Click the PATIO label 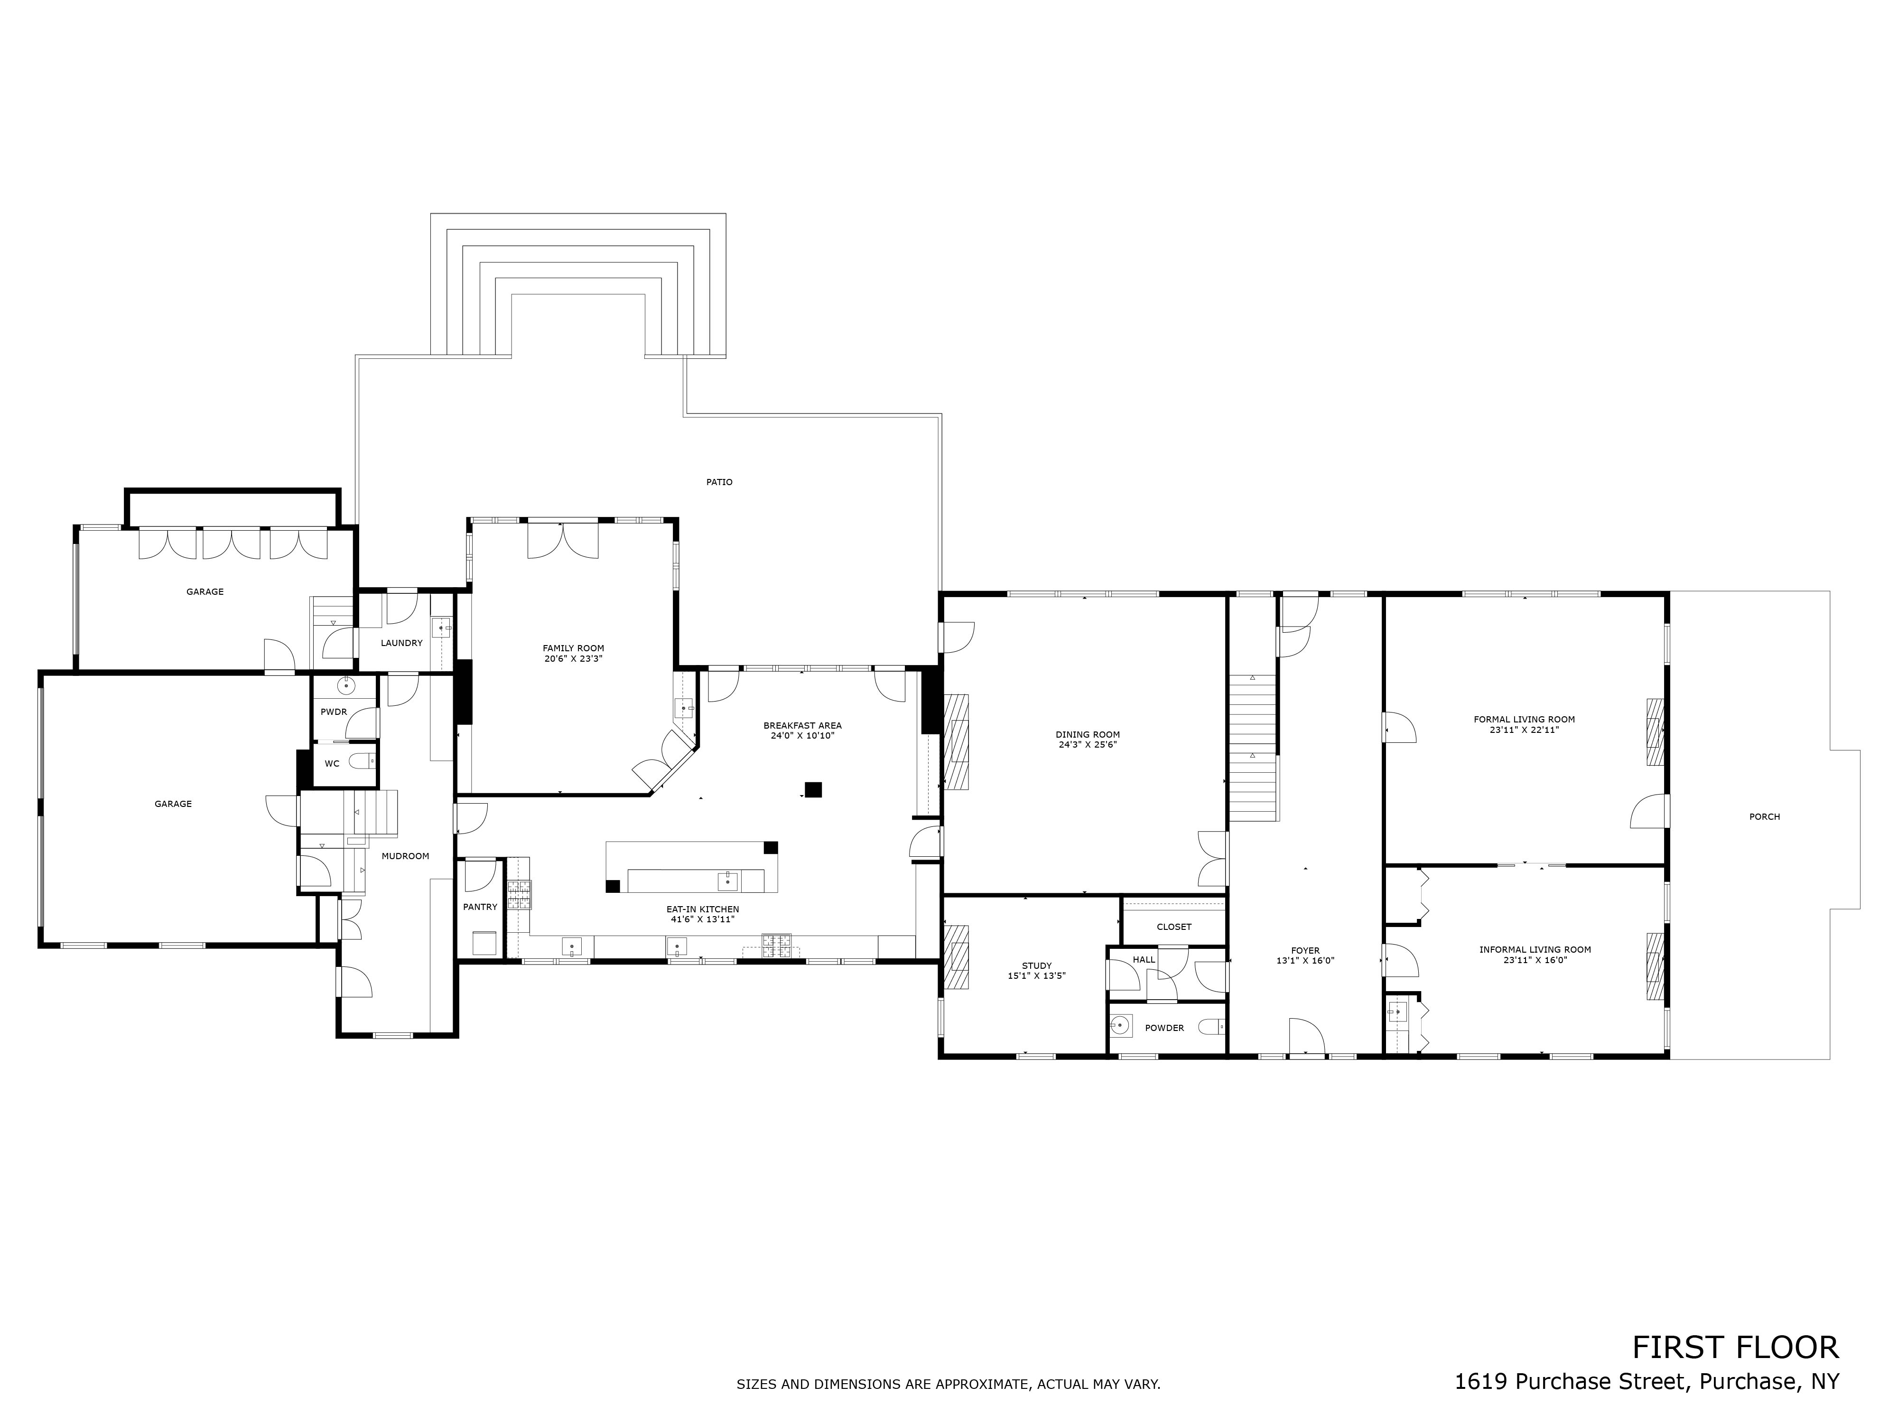719,482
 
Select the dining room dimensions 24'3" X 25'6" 1087,745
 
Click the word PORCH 1764,816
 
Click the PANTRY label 480,907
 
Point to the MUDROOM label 405,856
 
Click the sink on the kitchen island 727,880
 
